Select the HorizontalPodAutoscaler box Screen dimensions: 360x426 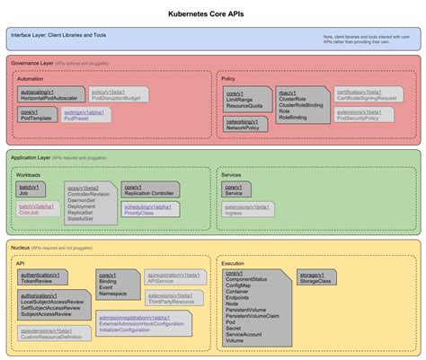(50, 95)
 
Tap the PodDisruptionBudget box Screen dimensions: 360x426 (120, 95)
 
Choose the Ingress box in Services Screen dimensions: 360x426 (248, 210)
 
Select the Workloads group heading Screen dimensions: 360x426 (30, 174)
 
